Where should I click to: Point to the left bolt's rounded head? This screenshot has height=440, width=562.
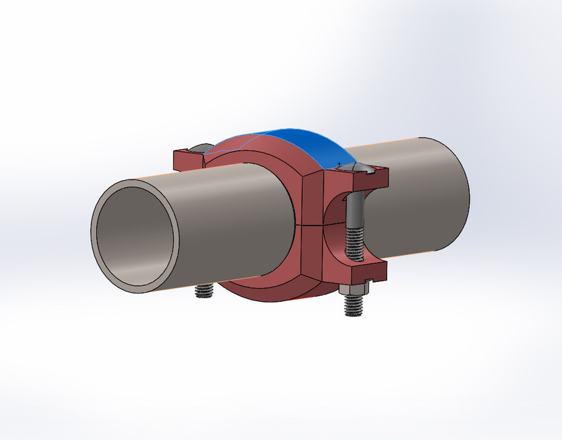coord(200,147)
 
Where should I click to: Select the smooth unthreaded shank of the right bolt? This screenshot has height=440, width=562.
coord(354,210)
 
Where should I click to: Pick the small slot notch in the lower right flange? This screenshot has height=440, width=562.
coord(371,280)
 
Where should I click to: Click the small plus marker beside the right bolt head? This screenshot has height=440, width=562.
coord(339,163)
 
